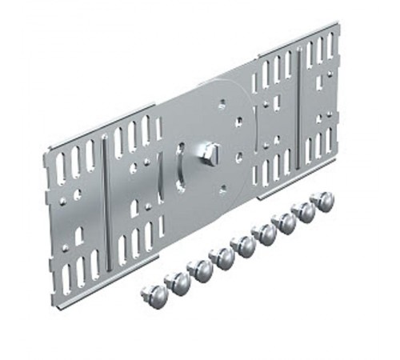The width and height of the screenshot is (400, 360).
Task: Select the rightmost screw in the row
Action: tap(322, 201)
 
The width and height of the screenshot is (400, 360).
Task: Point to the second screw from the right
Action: tap(304, 211)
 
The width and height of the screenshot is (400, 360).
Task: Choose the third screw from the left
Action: tap(199, 269)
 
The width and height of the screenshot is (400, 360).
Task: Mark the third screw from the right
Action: tap(284, 222)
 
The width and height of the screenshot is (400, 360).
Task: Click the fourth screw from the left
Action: tap(221, 257)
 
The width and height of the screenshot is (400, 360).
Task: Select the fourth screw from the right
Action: tap(263, 234)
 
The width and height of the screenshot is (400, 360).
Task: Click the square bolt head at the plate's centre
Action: tap(210, 150)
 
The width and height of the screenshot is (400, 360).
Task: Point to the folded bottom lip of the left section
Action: tap(104, 287)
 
